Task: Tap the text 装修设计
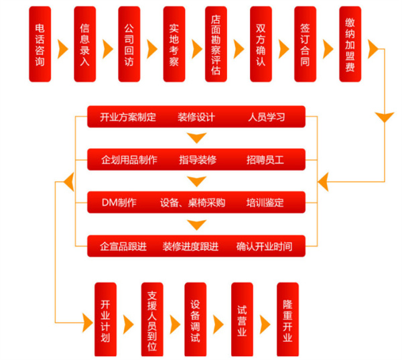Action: (x=196, y=117)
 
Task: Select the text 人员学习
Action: (x=266, y=117)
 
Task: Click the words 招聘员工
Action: (x=265, y=160)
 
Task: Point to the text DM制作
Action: (x=119, y=203)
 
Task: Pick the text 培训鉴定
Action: (x=265, y=203)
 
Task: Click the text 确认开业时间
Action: (x=264, y=246)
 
